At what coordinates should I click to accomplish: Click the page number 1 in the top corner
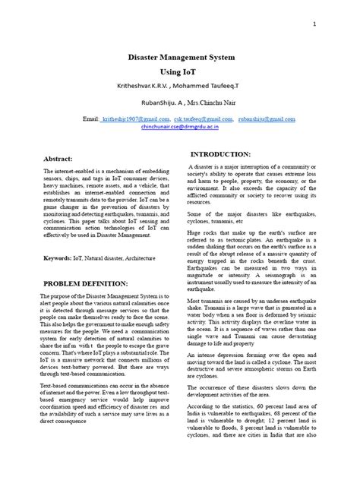(x=314, y=25)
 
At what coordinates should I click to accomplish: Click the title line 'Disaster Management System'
(x=179, y=57)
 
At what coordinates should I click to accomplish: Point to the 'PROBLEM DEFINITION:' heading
(x=80, y=283)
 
